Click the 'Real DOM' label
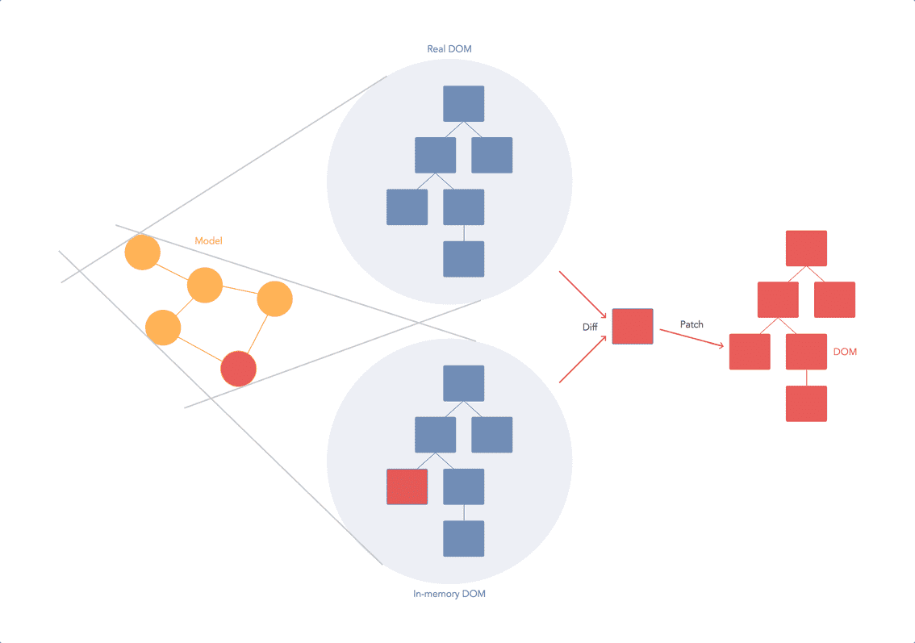click(449, 49)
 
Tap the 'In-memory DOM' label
click(449, 595)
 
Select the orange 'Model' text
click(208, 241)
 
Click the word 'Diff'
click(590, 328)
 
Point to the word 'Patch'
click(691, 324)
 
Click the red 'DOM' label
click(845, 353)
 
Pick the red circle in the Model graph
click(239, 369)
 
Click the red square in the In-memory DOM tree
click(407, 486)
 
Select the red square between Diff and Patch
click(633, 327)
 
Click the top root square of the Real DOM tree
click(464, 103)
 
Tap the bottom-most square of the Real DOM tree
click(464, 259)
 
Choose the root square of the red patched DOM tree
click(806, 248)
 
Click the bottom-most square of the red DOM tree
click(806, 403)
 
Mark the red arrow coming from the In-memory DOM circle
click(583, 360)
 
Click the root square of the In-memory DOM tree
click(464, 383)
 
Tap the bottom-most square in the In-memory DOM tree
click(464, 538)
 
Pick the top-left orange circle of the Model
click(142, 253)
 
